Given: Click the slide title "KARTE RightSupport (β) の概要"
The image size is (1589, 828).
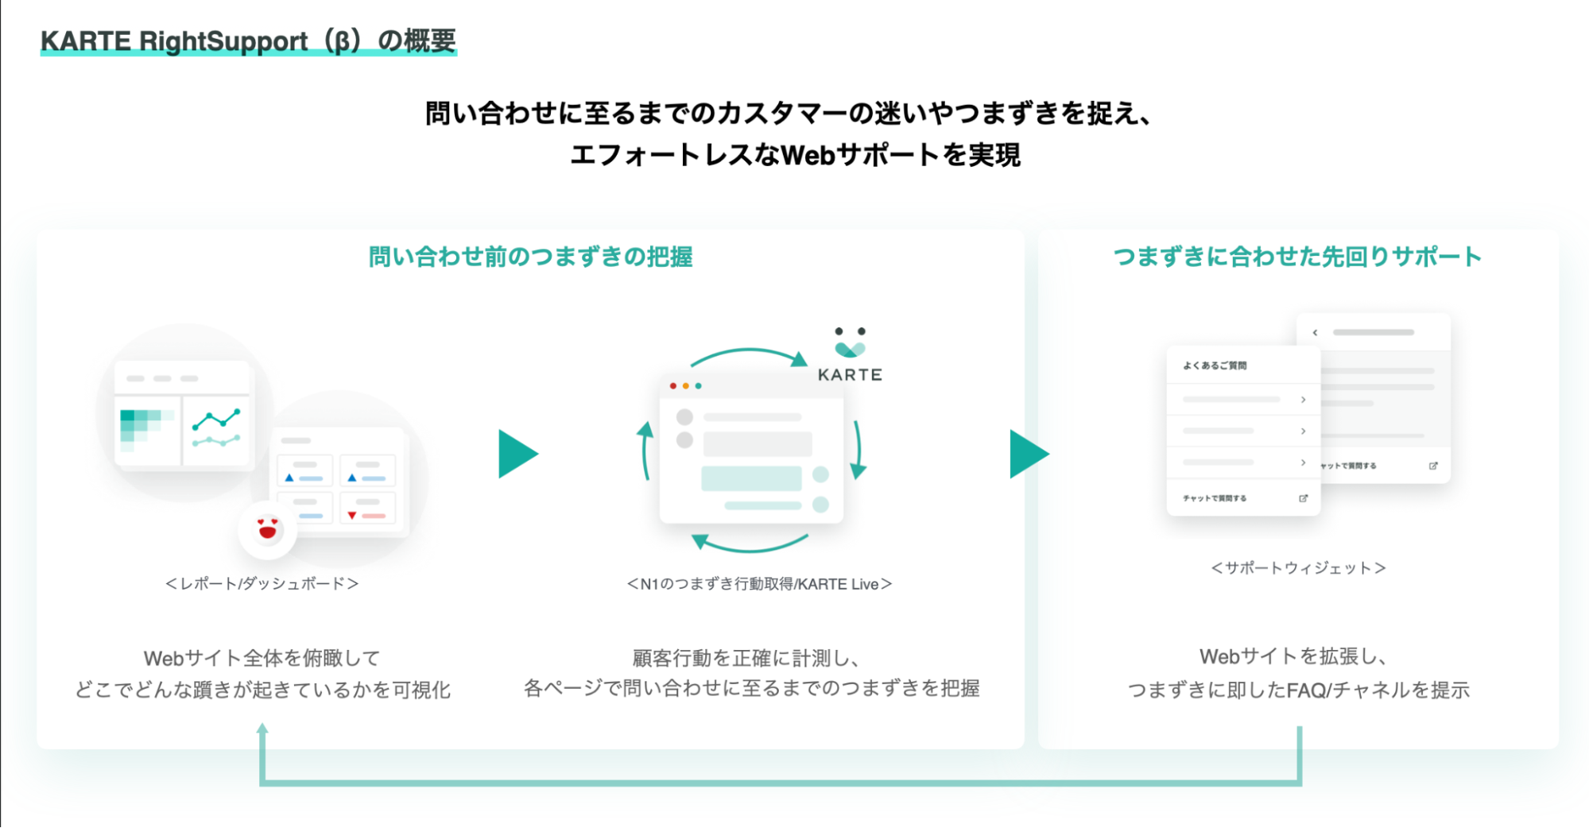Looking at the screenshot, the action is (248, 41).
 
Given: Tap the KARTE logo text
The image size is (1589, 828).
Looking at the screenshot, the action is (850, 375).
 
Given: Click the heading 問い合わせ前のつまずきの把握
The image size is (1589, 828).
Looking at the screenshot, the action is (530, 257).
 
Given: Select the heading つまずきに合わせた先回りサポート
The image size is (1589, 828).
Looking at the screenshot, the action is (1297, 257).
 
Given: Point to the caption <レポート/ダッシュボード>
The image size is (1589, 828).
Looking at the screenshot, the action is (262, 584).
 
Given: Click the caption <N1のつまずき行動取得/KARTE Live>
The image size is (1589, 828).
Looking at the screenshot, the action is (759, 584).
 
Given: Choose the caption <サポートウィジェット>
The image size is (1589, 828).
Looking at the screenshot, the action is (1298, 568).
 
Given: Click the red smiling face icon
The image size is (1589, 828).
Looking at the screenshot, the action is (268, 529).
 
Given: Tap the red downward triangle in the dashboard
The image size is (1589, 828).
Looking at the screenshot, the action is (352, 516).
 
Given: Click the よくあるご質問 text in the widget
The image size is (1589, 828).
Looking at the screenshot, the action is (1215, 366).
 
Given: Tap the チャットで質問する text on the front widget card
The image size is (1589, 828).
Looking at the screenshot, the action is (1215, 498).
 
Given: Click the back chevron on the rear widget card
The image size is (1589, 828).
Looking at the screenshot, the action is (1316, 333).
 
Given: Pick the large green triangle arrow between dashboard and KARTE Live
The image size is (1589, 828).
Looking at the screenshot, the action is (517, 455).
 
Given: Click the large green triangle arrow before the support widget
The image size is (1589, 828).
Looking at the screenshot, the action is (1029, 455).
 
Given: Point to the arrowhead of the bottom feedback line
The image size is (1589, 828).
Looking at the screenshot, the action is (262, 728).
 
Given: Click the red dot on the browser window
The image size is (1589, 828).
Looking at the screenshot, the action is (673, 386).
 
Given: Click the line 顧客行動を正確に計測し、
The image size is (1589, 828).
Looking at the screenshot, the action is (746, 658).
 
